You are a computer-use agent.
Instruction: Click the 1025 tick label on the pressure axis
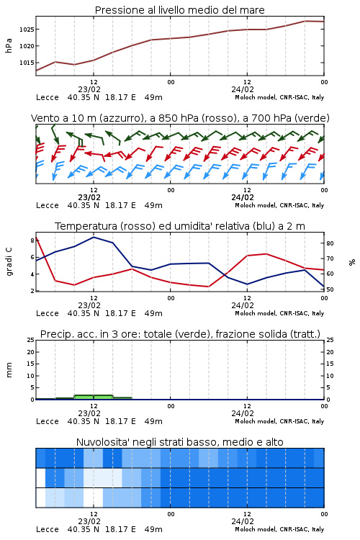(26, 30)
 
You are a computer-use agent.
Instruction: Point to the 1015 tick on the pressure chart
(26, 63)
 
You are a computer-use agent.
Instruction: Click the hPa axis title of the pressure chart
(9, 46)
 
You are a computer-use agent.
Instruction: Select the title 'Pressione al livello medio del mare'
(180, 10)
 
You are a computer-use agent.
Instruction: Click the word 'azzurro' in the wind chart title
(121, 119)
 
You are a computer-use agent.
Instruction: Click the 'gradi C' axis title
(9, 262)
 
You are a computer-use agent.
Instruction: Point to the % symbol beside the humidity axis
(352, 262)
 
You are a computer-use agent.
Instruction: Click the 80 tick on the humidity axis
(330, 243)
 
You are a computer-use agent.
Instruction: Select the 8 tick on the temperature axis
(32, 240)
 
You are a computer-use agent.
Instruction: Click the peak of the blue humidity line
(94, 237)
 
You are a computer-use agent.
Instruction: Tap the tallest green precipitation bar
(94, 397)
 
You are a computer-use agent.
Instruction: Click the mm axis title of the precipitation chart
(9, 370)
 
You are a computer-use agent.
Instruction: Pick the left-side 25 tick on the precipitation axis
(31, 340)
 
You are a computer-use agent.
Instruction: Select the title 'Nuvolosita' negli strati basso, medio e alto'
(180, 442)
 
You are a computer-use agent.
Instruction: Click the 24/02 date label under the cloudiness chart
(243, 521)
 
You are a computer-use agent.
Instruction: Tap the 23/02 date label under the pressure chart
(89, 89)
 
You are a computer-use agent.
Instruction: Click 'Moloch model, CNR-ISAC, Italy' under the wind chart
(279, 205)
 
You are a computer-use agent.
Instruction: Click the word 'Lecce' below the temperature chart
(48, 313)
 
